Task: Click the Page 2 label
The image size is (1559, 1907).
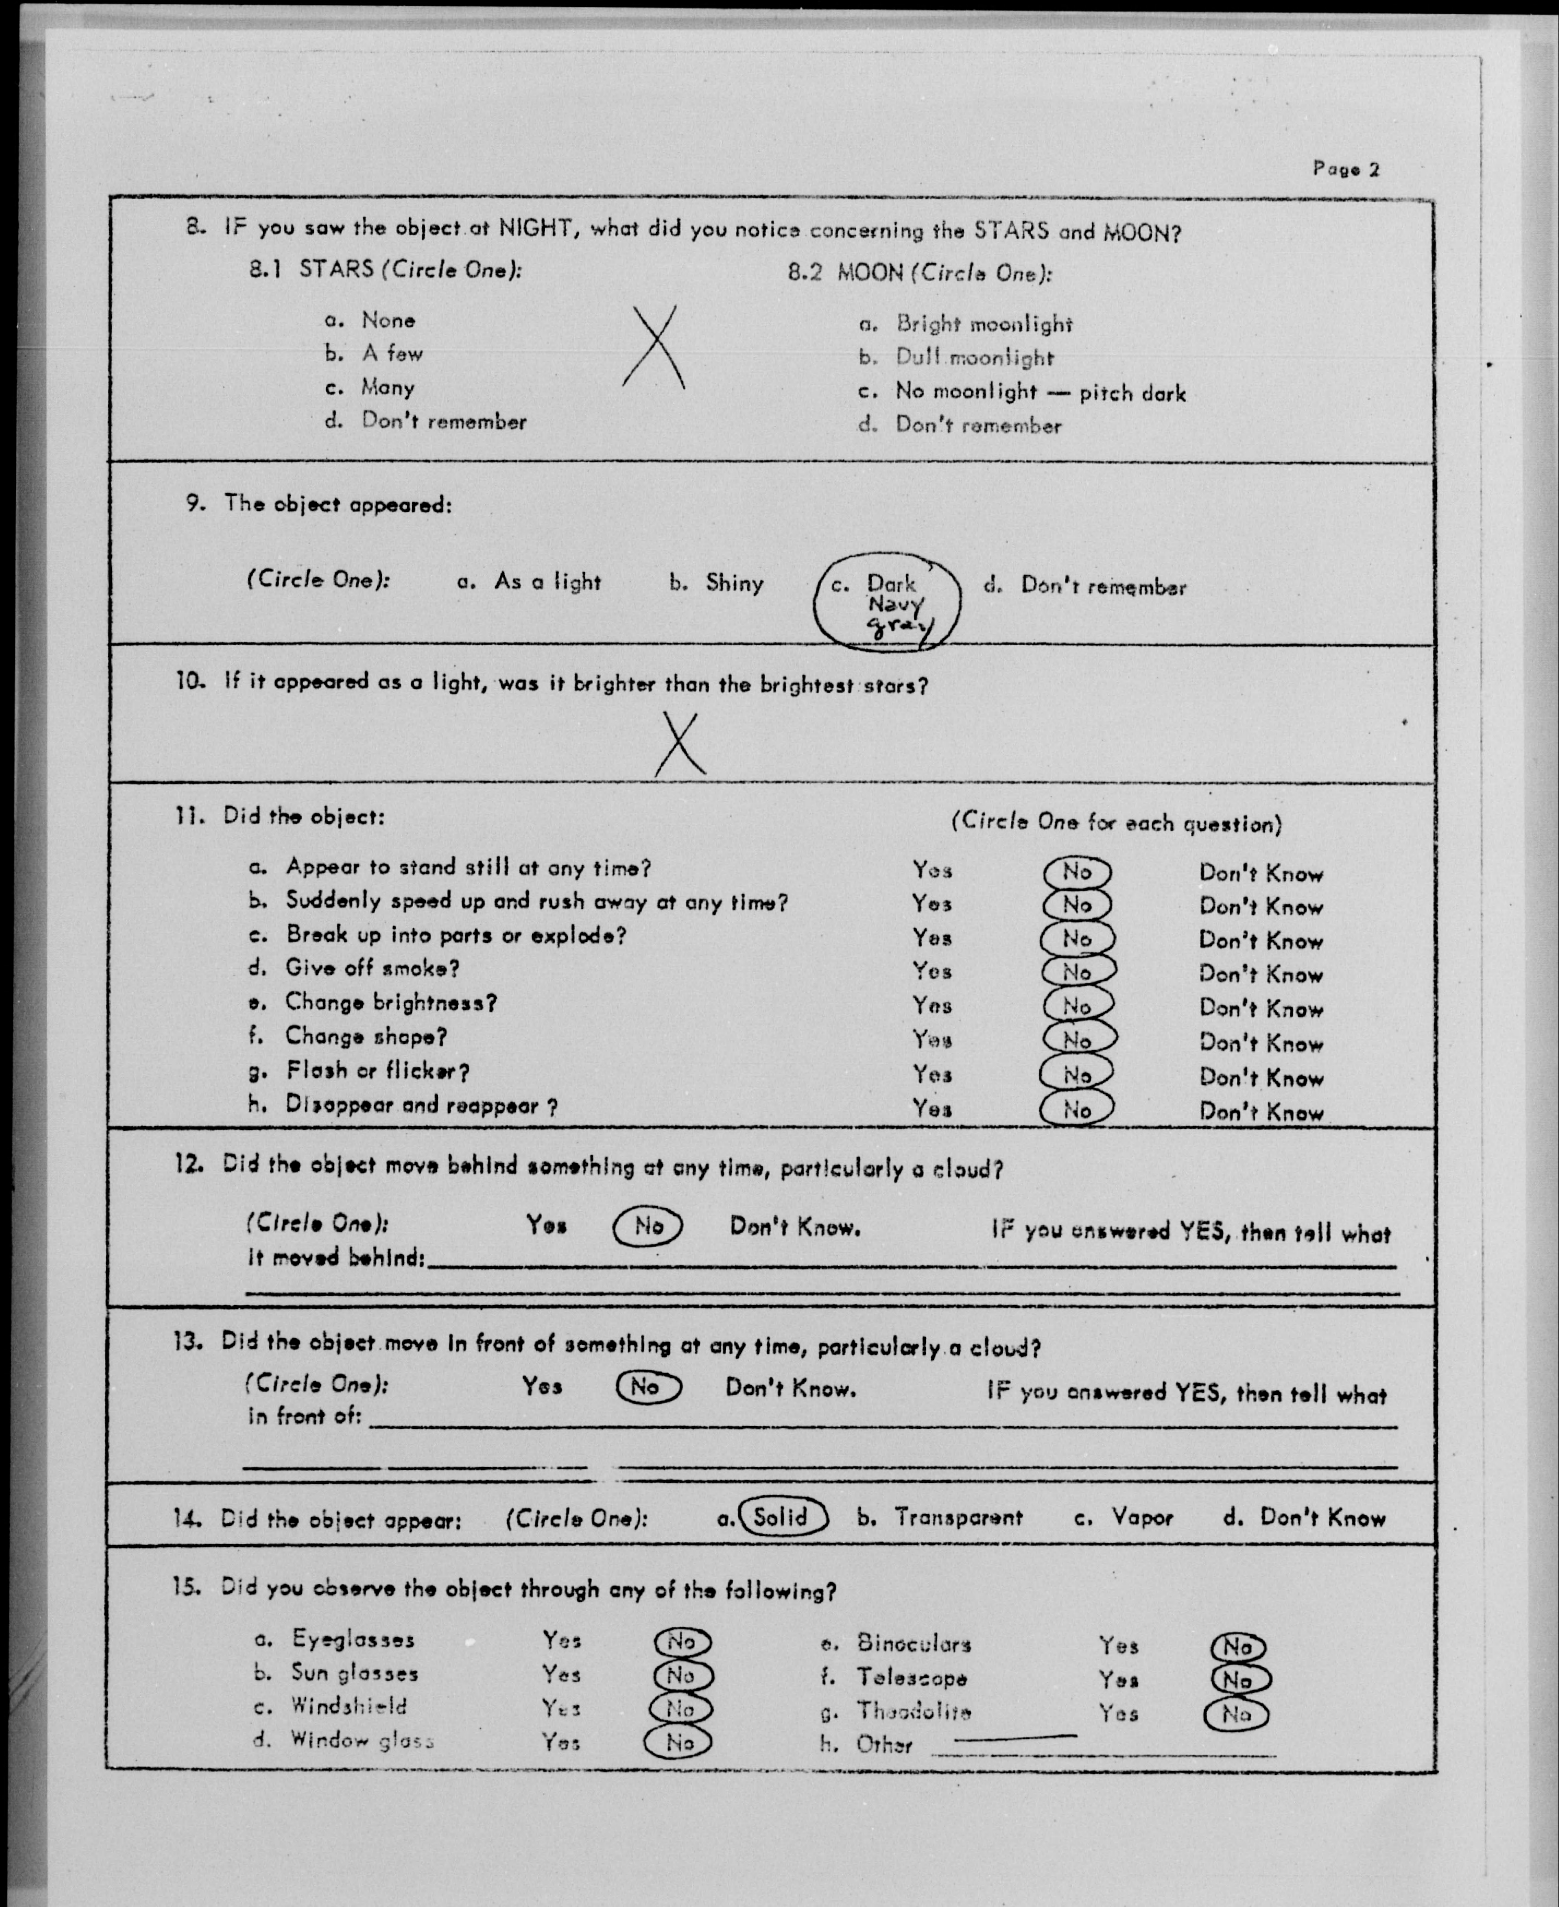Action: coord(1345,169)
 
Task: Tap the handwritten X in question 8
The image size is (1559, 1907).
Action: coord(654,348)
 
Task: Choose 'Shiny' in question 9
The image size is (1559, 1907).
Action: coord(734,583)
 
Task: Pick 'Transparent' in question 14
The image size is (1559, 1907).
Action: coord(957,1517)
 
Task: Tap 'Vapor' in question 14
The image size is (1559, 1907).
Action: coord(1143,1517)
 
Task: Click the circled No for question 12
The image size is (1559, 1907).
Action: coord(647,1225)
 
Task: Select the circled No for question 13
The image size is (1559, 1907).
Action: coord(647,1387)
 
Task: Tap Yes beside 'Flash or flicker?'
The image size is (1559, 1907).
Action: coord(932,1074)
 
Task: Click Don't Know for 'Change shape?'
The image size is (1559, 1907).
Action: coord(1261,1044)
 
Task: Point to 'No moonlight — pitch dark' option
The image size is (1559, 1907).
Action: coord(1040,392)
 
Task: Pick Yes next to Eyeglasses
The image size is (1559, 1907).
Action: coord(561,1640)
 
